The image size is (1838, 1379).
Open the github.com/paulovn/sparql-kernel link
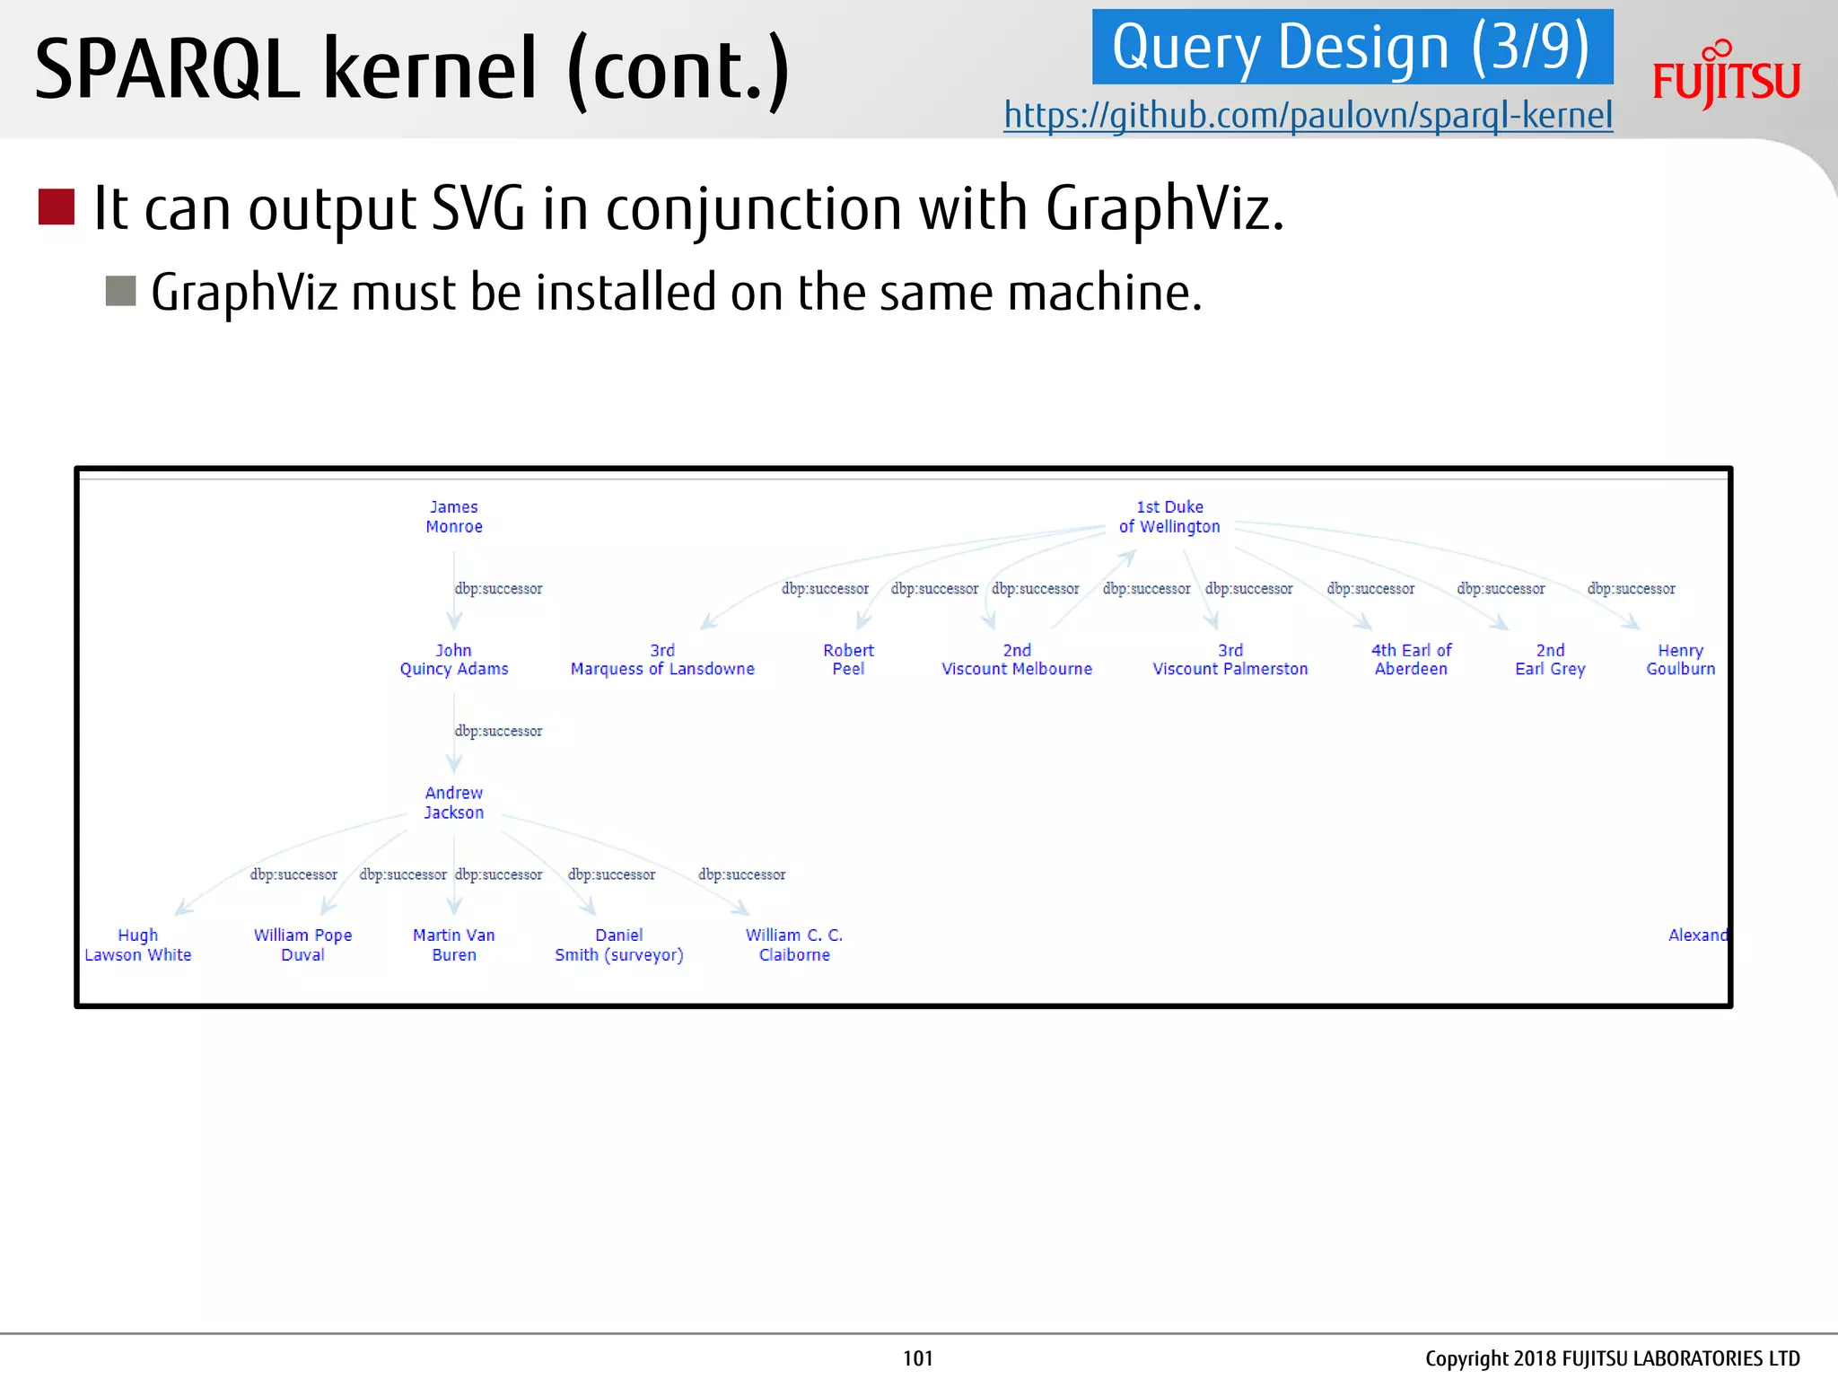click(1308, 116)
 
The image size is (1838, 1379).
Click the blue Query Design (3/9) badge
click(1352, 48)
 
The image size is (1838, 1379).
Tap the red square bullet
click(57, 206)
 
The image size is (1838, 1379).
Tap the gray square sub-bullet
click(120, 291)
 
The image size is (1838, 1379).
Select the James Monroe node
click(454, 517)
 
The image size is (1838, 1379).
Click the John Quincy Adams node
click(454, 660)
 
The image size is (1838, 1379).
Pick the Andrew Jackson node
click(454, 803)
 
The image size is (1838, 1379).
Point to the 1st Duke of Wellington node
click(1169, 517)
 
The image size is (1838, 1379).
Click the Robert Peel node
click(848, 660)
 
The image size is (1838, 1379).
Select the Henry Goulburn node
click(1680, 660)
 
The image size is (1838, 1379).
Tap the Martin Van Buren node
click(454, 945)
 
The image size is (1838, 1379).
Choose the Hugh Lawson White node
click(138, 945)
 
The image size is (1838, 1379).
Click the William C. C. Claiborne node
click(794, 945)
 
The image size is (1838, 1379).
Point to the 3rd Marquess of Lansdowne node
click(662, 660)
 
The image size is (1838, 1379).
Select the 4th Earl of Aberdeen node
click(1411, 660)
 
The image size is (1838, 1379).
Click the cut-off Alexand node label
click(1697, 935)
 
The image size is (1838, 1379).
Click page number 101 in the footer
click(918, 1358)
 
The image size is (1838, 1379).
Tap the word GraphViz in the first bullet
click(1164, 208)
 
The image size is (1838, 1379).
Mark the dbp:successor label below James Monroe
click(498, 589)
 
